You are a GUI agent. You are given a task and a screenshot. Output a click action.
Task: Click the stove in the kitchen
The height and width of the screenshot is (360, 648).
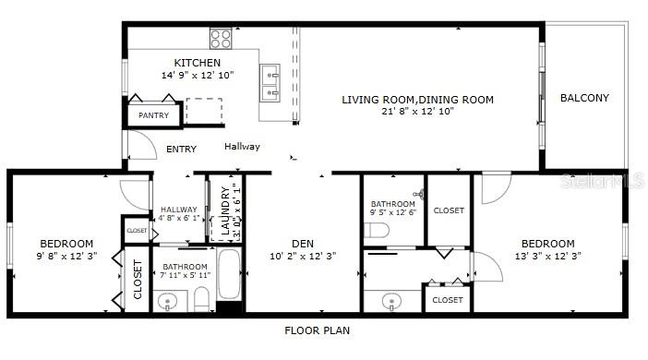click(221, 39)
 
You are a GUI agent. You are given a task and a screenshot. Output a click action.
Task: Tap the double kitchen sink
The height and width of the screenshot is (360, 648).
click(270, 83)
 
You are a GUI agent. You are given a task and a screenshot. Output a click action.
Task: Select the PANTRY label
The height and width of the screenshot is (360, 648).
click(154, 115)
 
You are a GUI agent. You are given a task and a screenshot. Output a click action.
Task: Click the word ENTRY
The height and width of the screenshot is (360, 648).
click(181, 150)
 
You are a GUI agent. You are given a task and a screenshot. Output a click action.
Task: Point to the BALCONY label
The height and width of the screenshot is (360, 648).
click(584, 98)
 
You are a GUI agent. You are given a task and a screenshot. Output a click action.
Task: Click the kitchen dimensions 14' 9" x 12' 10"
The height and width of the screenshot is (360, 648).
click(198, 75)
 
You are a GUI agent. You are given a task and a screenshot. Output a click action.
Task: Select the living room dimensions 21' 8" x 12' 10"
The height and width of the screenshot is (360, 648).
click(418, 111)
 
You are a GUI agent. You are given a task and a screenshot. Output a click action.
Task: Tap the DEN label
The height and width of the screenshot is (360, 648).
click(303, 244)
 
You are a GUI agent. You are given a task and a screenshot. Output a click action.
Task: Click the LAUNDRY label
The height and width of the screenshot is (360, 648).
click(225, 210)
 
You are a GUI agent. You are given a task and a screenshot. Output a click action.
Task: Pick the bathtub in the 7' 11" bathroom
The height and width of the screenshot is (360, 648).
click(229, 274)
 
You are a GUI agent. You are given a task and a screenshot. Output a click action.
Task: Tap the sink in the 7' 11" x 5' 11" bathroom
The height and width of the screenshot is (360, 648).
click(167, 301)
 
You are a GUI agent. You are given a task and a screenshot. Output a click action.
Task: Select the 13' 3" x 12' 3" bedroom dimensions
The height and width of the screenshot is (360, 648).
click(548, 257)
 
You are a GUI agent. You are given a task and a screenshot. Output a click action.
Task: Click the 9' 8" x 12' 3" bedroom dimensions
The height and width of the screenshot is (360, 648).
click(67, 257)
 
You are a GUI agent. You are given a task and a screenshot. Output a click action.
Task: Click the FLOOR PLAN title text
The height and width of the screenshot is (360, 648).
click(318, 330)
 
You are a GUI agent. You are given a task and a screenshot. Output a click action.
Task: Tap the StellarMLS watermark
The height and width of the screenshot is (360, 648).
click(602, 181)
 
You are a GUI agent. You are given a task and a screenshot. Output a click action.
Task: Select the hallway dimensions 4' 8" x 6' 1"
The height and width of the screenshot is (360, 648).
click(179, 218)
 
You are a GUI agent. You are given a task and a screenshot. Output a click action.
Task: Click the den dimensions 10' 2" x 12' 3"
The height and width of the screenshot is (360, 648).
click(303, 257)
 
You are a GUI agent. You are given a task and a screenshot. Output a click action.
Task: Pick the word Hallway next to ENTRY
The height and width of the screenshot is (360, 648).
click(242, 147)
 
